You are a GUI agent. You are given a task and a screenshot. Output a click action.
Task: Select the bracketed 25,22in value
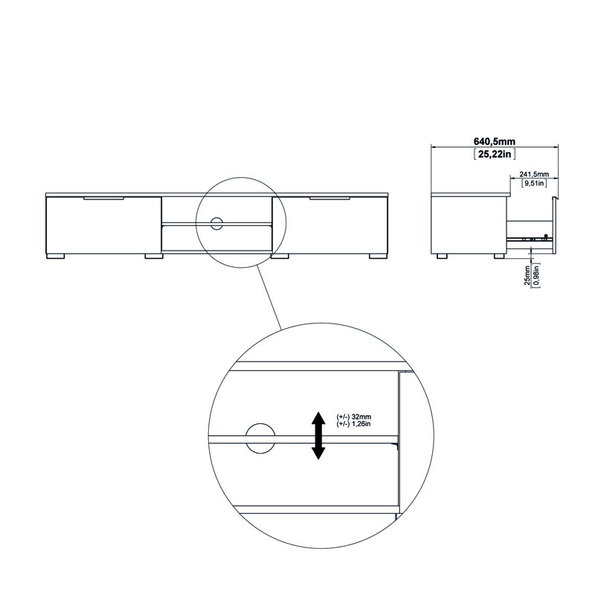495,154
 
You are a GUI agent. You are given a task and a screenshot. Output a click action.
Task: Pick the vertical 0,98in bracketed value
534,277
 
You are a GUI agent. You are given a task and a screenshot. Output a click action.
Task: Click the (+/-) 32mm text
358,416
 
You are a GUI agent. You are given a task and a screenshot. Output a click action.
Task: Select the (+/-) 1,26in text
358,423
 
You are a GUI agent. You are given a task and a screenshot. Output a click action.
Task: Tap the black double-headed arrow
318,436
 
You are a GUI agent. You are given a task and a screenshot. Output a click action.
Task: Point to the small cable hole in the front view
217,222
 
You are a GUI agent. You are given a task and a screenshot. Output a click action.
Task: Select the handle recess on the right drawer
329,199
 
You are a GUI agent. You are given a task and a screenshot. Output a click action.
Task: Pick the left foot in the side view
443,257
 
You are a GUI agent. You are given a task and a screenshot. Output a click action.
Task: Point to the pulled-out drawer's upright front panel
555,223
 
